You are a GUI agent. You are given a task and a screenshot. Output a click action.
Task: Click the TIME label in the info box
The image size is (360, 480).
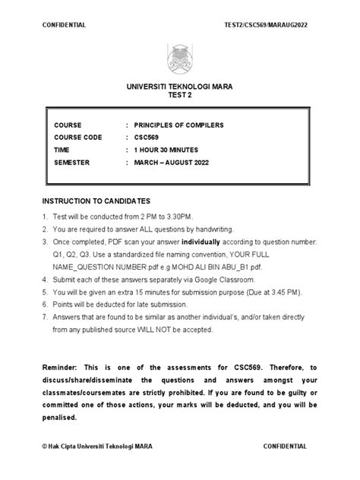62,150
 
